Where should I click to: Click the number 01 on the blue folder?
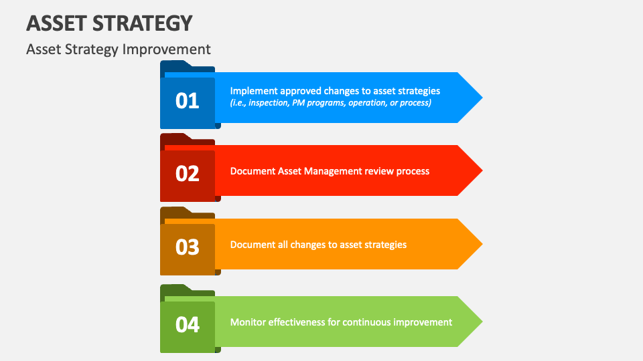pyautogui.click(x=188, y=101)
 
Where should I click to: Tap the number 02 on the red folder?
pyautogui.click(x=188, y=174)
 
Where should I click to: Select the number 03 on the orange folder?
pyautogui.click(x=188, y=247)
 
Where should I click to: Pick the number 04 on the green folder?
pyautogui.click(x=188, y=325)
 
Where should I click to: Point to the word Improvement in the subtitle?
pyautogui.click(x=167, y=49)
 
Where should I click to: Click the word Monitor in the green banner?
pyautogui.click(x=248, y=322)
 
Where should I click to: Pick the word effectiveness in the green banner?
pyautogui.click(x=296, y=322)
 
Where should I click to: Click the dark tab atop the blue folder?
pyautogui.click(x=176, y=65)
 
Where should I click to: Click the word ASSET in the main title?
pyautogui.click(x=56, y=23)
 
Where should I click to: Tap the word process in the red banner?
pyautogui.click(x=412, y=171)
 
